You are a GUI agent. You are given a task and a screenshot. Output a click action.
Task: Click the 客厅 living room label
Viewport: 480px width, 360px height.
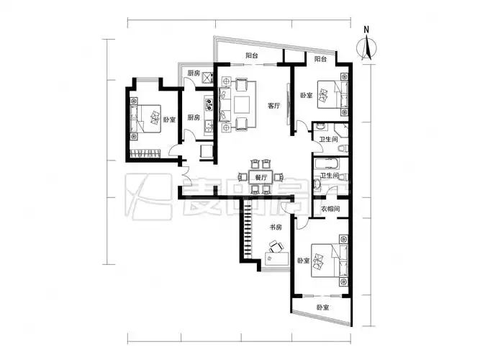pyautogui.click(x=273, y=106)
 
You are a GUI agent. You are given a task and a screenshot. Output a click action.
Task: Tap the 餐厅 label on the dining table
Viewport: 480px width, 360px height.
pyautogui.click(x=261, y=177)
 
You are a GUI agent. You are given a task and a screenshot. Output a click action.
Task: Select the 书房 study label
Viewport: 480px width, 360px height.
pyautogui.click(x=275, y=228)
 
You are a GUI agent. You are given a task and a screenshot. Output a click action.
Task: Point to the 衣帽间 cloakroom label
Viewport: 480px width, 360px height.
pyautogui.click(x=330, y=210)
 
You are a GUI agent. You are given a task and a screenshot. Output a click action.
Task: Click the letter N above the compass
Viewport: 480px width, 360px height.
pyautogui.click(x=366, y=30)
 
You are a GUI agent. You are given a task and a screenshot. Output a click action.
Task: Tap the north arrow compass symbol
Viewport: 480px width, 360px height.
pyautogui.click(x=367, y=48)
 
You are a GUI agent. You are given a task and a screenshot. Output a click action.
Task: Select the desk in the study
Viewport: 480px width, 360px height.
pyautogui.click(x=276, y=259)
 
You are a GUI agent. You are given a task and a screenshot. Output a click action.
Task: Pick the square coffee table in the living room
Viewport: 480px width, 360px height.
pyautogui.click(x=242, y=105)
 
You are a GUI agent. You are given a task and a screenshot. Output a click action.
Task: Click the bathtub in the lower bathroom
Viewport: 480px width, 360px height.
pyautogui.click(x=327, y=163)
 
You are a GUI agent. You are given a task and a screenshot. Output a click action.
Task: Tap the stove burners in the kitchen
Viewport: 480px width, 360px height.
pyautogui.click(x=209, y=104)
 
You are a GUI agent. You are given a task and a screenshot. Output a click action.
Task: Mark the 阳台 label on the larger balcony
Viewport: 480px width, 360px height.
pyautogui.click(x=252, y=55)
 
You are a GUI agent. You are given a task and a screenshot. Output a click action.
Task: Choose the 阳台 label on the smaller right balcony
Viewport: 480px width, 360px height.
pyautogui.click(x=320, y=59)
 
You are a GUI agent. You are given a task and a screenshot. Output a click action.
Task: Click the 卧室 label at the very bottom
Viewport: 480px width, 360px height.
pyautogui.click(x=323, y=307)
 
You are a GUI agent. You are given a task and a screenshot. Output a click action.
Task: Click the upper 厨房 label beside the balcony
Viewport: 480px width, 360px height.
pyautogui.click(x=194, y=73)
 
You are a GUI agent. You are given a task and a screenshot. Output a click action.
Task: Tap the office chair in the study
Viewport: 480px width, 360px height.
pyautogui.click(x=276, y=247)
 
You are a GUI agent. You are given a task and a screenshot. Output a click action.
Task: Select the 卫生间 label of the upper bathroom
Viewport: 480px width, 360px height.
pyautogui.click(x=328, y=140)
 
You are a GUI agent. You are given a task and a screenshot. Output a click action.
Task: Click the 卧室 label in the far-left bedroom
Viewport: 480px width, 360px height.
pyautogui.click(x=169, y=120)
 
